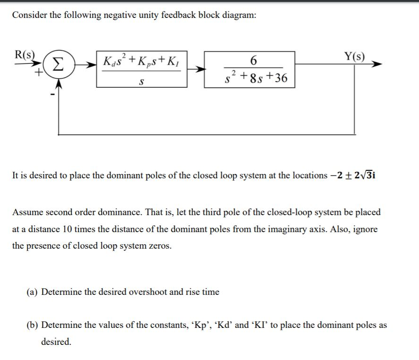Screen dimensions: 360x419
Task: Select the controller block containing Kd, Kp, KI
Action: pos(142,69)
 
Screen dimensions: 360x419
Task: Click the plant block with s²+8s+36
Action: pos(249,69)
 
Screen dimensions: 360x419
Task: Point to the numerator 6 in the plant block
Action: pos(254,60)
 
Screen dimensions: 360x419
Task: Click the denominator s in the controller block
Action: pos(141,81)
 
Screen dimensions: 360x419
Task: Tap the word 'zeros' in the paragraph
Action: pos(160,246)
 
